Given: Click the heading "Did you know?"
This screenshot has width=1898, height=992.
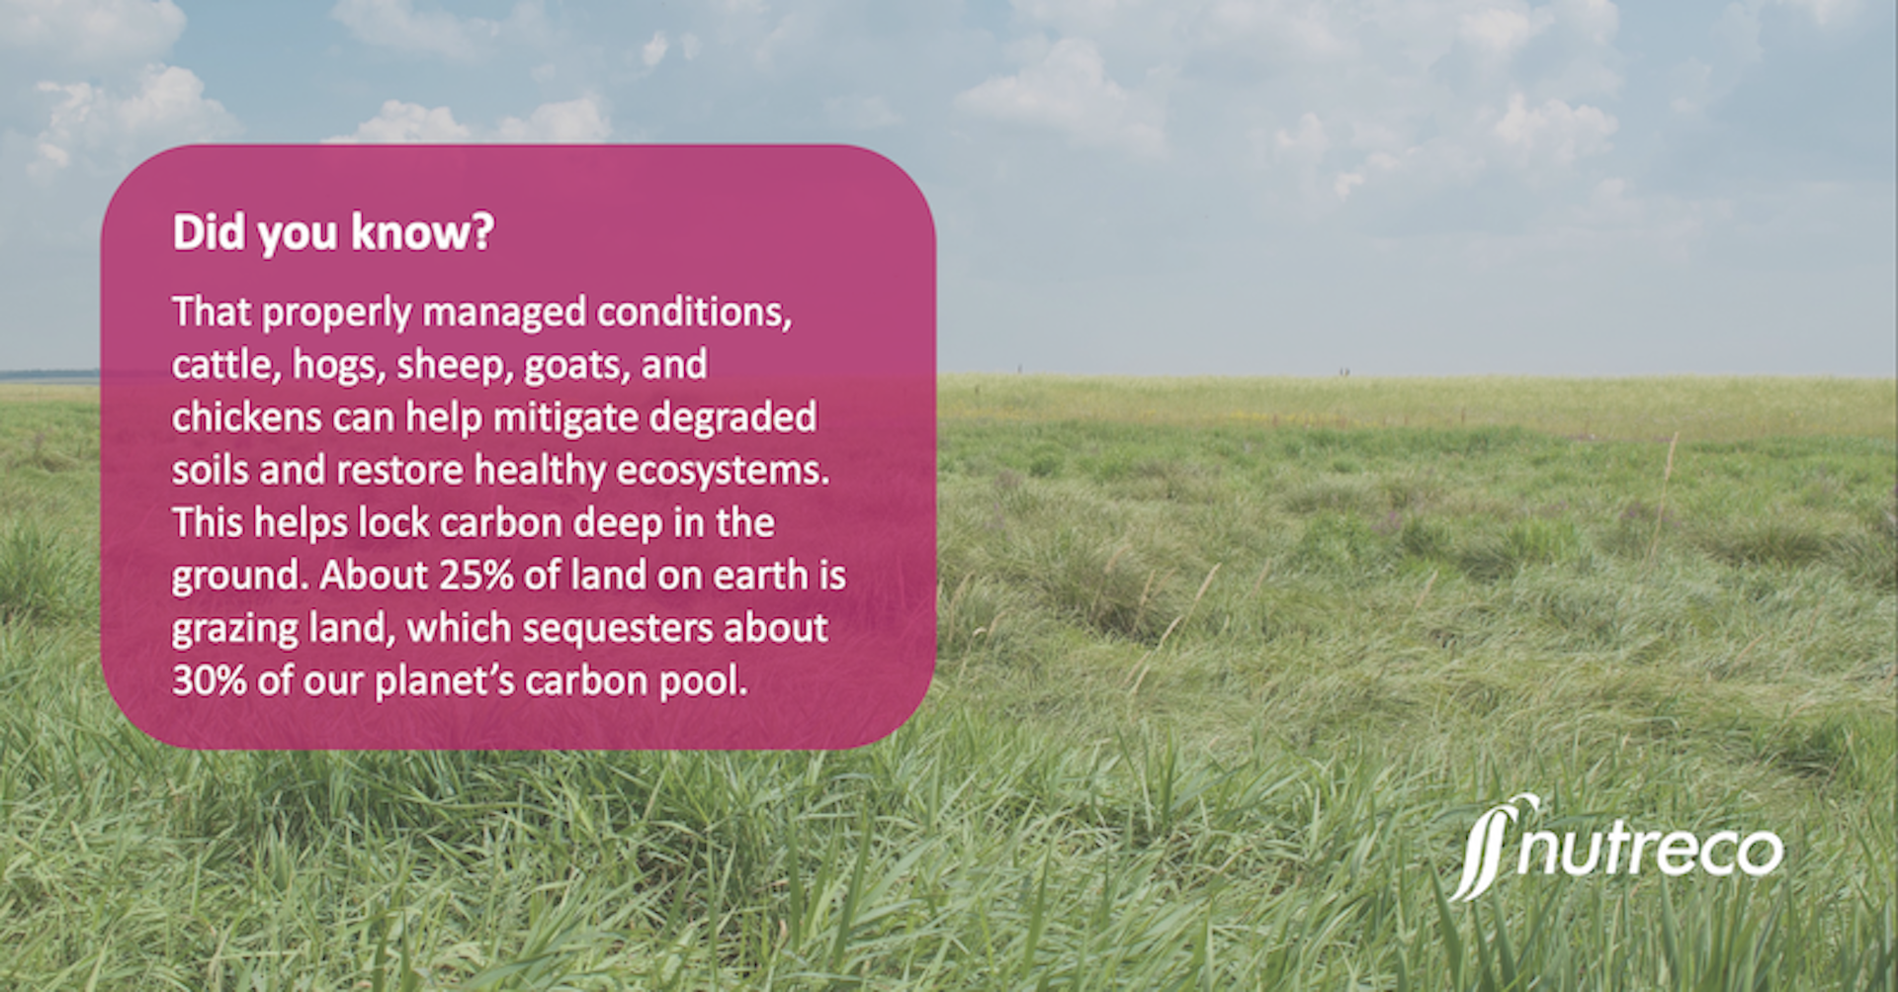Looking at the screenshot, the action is click(x=333, y=233).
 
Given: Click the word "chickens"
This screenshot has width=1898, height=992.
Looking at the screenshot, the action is click(x=247, y=417).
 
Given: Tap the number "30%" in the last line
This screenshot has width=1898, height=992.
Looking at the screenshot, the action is click(x=210, y=680).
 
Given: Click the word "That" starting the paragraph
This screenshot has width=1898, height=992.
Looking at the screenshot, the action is click(x=212, y=312).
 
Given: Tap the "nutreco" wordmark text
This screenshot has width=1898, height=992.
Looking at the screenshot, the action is click(x=1651, y=851).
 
